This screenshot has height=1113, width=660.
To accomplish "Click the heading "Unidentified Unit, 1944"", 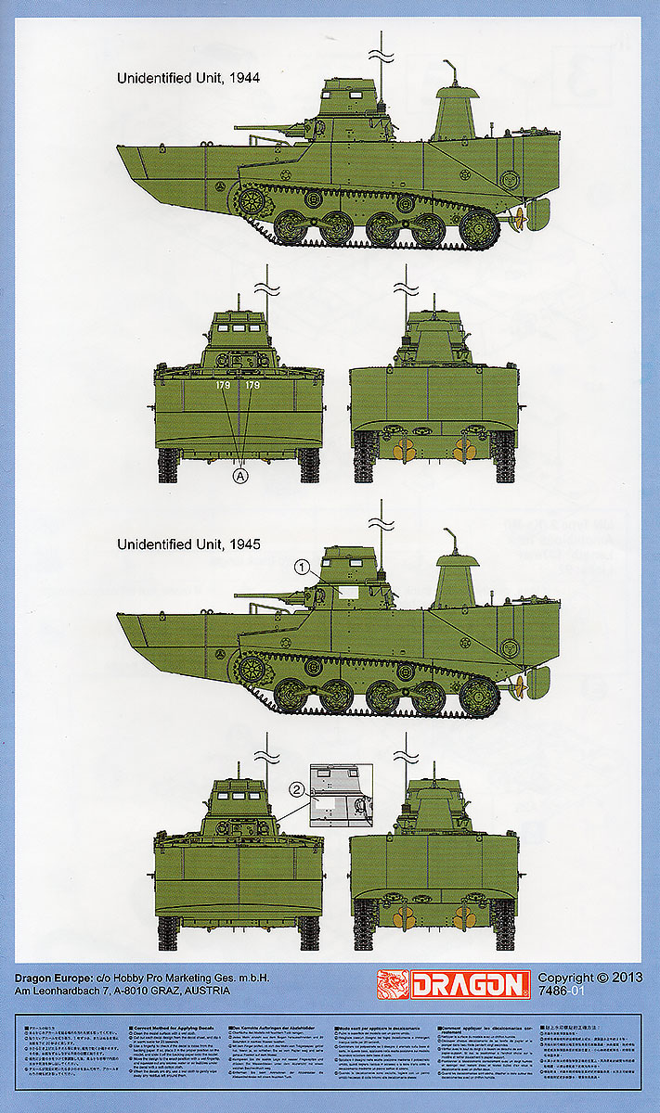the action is pos(188,79).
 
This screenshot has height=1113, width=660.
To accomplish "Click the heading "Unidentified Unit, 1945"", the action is pos(188,544).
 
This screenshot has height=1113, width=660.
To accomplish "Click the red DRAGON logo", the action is pos(453,984).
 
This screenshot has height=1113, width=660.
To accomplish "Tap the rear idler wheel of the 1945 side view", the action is pos(479,694).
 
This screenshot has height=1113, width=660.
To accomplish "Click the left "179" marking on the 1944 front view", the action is pos(222,385).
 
